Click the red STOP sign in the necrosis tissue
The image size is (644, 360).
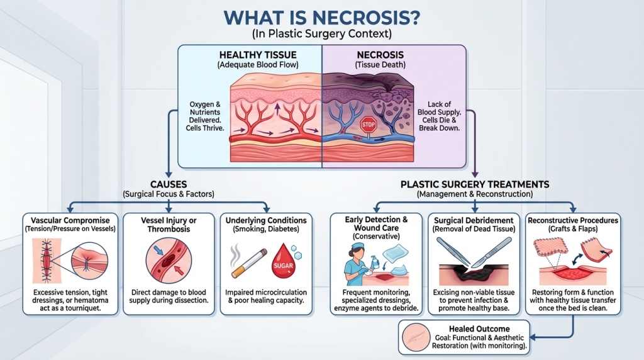click(368, 123)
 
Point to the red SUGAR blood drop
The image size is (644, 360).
click(282, 264)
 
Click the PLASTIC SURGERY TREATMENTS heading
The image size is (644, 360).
click(475, 184)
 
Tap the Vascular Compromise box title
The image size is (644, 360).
click(70, 220)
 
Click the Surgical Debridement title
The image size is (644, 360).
click(474, 220)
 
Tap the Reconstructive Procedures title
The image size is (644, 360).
click(573, 220)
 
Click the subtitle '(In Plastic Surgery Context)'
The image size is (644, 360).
click(322, 34)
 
